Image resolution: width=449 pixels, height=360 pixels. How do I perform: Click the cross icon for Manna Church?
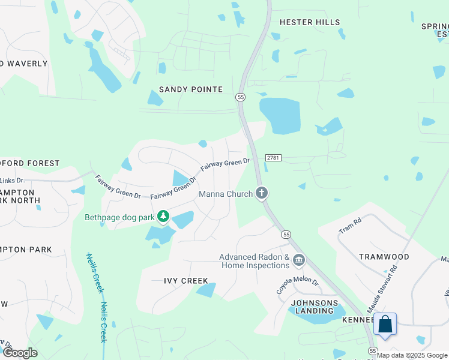click(261, 193)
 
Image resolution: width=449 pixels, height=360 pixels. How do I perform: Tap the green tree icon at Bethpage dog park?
click(162, 215)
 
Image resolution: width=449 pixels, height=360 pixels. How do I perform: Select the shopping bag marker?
click(385, 324)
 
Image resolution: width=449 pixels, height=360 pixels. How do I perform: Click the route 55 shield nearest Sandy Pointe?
click(240, 97)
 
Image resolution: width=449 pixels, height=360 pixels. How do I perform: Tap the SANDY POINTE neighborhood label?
click(190, 89)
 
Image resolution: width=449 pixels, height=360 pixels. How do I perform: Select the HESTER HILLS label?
click(310, 22)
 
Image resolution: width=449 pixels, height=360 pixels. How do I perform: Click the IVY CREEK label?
click(186, 281)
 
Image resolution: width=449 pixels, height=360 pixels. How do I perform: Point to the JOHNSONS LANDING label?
click(312, 307)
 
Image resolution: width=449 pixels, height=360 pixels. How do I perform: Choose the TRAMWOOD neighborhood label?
click(384, 257)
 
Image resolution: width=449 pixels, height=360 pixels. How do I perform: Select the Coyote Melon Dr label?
click(297, 281)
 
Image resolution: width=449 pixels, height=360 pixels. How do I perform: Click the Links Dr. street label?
click(12, 180)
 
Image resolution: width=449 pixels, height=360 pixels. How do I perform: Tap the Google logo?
click(20, 353)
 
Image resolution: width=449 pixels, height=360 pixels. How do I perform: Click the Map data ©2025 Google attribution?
click(412, 355)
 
